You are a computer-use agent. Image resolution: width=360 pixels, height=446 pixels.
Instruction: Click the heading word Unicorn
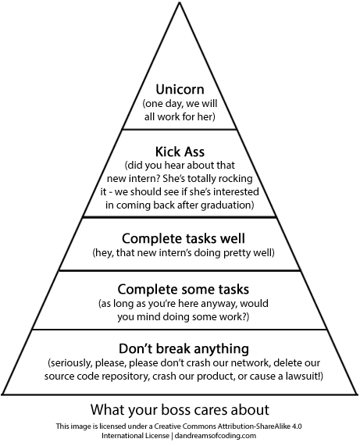click(180, 89)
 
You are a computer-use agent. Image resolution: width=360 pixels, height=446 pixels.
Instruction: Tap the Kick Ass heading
click(180, 152)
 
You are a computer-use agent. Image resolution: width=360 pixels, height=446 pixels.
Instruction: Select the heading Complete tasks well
click(184, 239)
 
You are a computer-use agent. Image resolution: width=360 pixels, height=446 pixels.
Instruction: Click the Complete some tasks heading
click(184, 289)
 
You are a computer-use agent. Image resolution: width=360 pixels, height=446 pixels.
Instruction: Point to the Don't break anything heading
click(184, 348)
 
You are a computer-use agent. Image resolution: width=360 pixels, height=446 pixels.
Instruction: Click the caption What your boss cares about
click(180, 410)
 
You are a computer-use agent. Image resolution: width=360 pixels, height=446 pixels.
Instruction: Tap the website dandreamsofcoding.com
click(216, 436)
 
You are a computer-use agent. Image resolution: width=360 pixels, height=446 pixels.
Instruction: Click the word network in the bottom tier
click(249, 363)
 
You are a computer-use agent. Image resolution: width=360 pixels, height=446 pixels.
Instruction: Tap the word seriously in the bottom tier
click(70, 363)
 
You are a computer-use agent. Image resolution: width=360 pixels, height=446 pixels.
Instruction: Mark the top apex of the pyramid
click(180, 2)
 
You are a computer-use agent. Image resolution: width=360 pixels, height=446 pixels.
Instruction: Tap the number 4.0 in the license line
click(297, 426)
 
